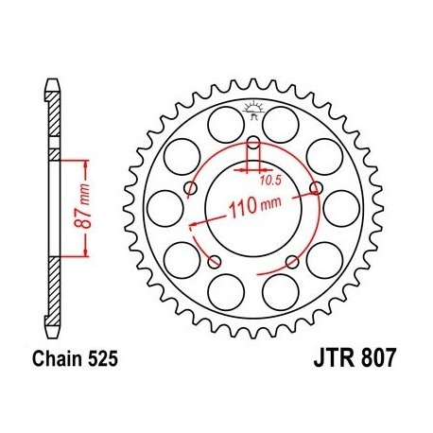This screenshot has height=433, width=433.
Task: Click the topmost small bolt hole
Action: click(x=253, y=145)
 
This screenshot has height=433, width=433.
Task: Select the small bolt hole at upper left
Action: click(x=192, y=189)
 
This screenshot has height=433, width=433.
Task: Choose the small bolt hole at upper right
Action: click(x=315, y=189)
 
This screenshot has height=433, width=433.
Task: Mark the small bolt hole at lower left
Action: click(x=215, y=261)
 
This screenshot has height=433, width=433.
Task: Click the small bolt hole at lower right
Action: click(x=291, y=261)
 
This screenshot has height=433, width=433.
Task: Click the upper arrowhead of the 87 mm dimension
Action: click(x=88, y=162)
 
